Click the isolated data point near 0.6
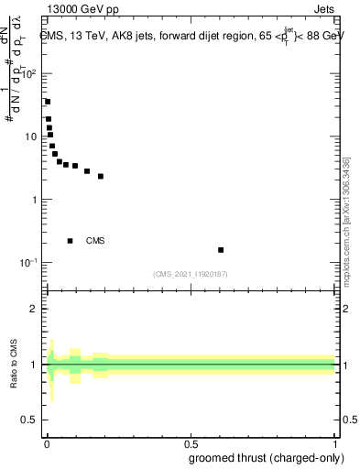click(221, 250)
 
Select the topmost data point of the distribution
click(48, 102)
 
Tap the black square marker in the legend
click(71, 241)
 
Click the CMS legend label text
click(95, 241)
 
